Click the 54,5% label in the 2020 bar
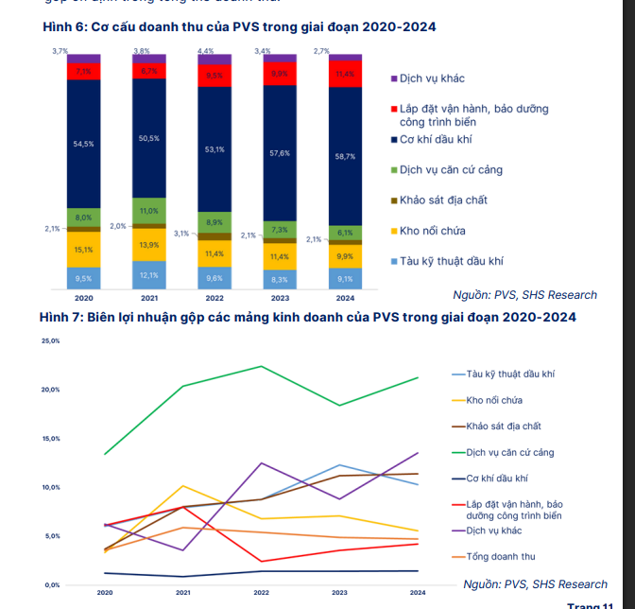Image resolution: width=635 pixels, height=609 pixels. (82, 144)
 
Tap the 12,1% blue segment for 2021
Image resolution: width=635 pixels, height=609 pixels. (148, 274)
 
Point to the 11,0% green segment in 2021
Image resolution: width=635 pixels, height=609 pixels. (148, 211)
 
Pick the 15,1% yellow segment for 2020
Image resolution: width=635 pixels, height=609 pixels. (82, 250)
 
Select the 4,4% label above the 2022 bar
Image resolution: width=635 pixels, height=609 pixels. (205, 50)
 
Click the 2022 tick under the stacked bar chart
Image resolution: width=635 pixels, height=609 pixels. (215, 297)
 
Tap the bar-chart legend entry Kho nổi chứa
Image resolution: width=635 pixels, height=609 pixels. (432, 231)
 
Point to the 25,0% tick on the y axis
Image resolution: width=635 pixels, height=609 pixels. (50, 340)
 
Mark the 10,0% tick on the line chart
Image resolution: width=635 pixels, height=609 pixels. (50, 487)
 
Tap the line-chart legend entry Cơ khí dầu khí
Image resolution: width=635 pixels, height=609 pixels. (496, 478)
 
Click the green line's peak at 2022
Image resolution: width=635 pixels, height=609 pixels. (261, 366)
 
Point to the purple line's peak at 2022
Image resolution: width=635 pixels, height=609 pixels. (261, 463)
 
